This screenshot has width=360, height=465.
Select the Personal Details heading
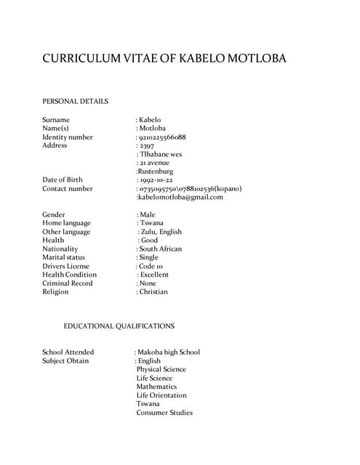(75, 101)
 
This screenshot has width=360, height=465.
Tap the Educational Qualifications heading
(119, 326)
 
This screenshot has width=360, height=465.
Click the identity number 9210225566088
(162, 137)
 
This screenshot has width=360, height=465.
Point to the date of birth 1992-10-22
(156, 179)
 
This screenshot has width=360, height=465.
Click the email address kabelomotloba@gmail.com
(180, 197)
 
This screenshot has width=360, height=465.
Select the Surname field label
(56, 119)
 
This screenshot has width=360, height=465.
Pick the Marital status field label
(63, 257)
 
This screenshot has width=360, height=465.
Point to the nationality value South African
(160, 248)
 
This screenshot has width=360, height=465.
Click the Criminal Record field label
(67, 283)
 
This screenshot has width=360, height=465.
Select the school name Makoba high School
(169, 352)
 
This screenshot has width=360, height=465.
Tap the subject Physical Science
(161, 369)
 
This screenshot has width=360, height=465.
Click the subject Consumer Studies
(164, 413)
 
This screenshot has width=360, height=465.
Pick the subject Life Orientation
(161, 395)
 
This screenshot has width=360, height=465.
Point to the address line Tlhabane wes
(160, 154)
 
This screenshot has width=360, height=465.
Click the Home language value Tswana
(153, 223)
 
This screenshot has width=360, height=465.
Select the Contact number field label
(68, 188)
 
